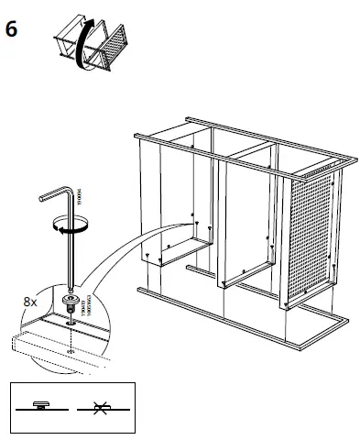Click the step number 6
tap(12, 28)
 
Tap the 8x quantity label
tap(30, 300)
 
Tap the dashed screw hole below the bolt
tap(70, 349)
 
